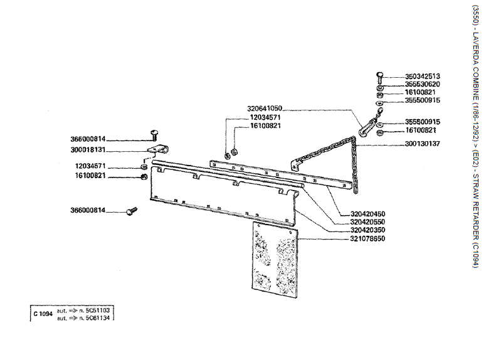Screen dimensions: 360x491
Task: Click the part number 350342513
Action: pos(422,76)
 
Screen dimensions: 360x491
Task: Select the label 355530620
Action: pos(422,84)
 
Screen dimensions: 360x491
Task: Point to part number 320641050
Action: pos(265,108)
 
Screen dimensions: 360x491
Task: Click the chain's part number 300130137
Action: pos(422,144)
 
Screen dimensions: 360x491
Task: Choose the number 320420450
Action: pos(367,214)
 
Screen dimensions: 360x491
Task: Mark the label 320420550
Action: pos(367,222)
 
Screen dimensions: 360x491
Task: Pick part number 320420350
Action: pos(367,230)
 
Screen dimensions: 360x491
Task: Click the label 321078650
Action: pos(367,238)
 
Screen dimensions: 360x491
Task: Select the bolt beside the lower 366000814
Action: pos(131,211)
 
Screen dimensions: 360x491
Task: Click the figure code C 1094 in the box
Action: pos(43,314)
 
